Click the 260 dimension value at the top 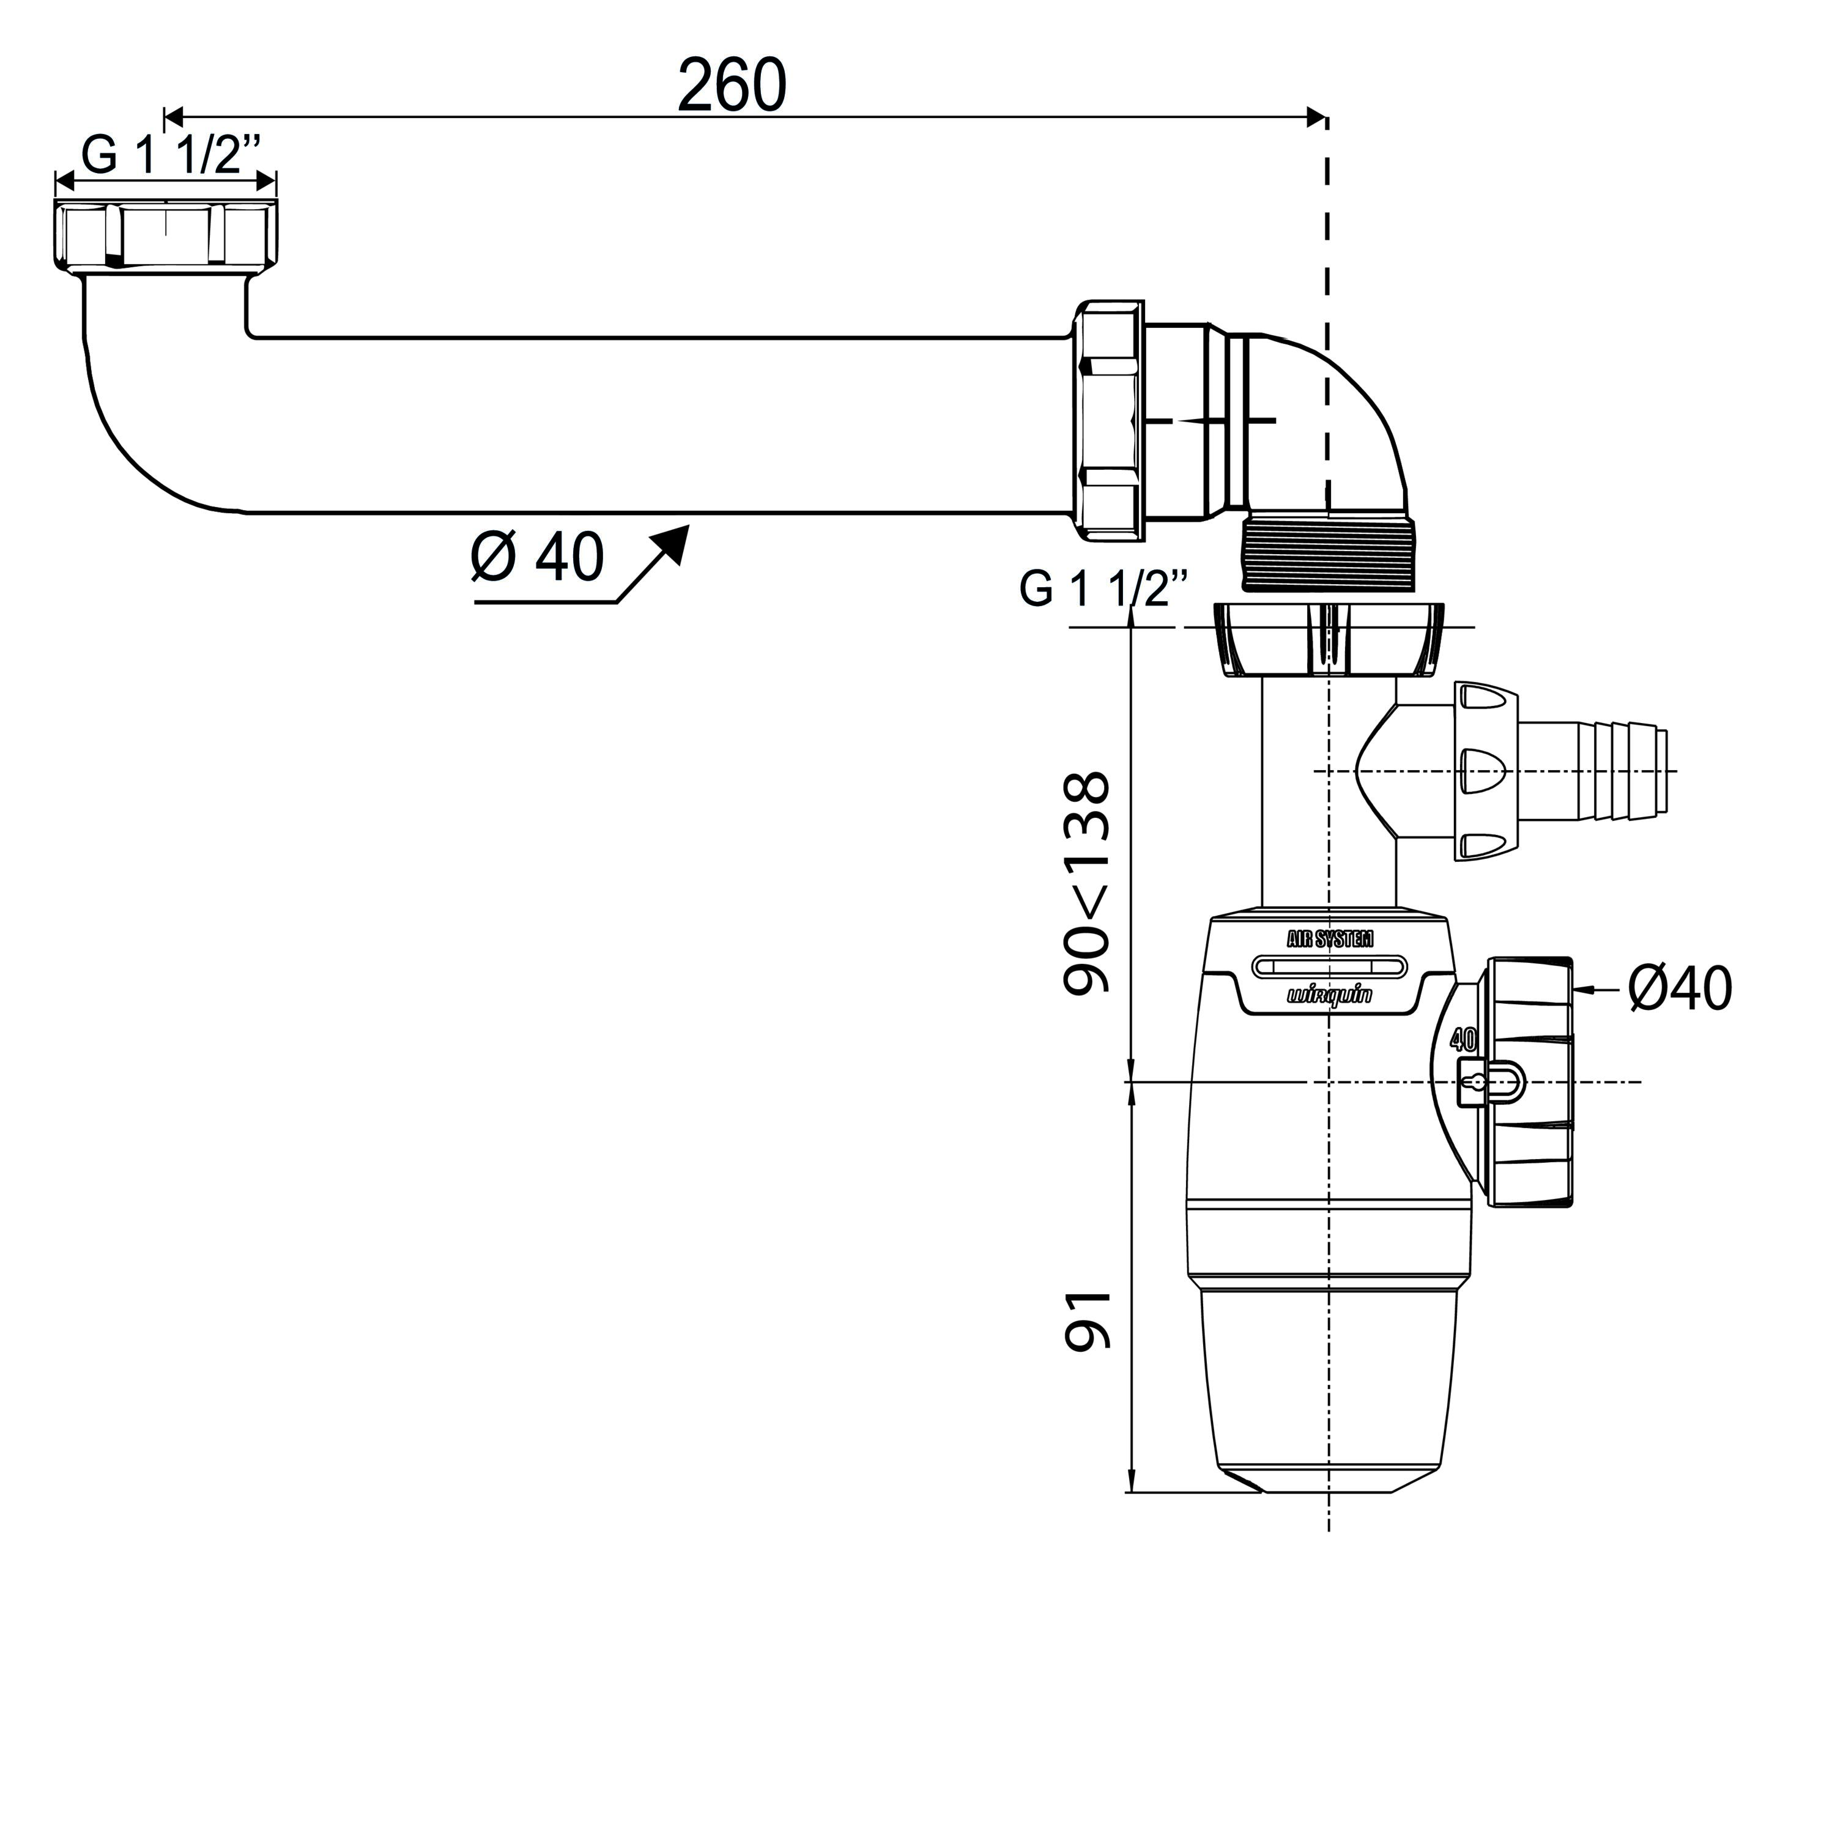[732, 86]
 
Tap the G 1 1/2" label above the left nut [171, 154]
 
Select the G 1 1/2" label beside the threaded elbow [1105, 589]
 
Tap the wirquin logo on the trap [1329, 995]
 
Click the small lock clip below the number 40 [1488, 1082]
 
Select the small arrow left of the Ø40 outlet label [1596, 990]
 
